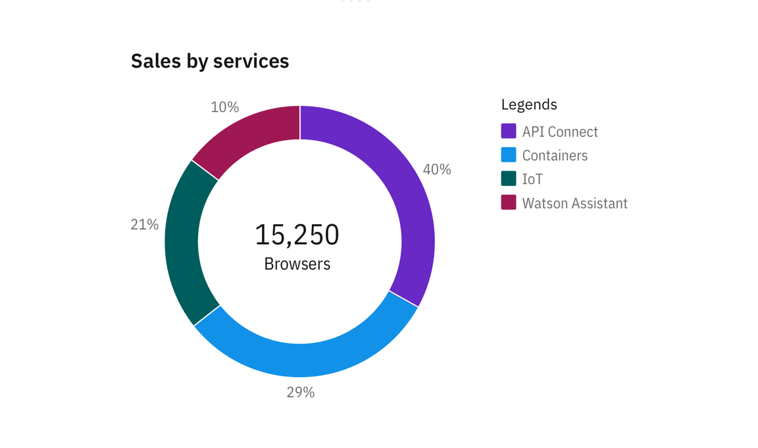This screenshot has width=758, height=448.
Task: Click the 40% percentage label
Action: [437, 169]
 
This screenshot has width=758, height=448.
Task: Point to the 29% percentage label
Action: [301, 393]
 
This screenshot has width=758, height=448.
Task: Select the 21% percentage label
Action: [145, 224]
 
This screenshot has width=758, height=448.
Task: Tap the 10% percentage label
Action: [225, 107]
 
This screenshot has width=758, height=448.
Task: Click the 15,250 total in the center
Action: [297, 235]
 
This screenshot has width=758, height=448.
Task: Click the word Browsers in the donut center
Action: [297, 264]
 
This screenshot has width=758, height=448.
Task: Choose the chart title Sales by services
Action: [210, 61]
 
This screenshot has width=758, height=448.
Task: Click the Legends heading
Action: [529, 104]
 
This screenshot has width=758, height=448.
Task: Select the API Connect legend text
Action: [560, 132]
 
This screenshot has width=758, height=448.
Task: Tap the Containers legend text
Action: [555, 155]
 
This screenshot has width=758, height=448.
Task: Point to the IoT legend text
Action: [532, 179]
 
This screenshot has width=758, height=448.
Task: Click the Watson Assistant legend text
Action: [574, 203]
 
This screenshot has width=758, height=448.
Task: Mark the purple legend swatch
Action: [509, 131]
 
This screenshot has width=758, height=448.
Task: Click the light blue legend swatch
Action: [509, 155]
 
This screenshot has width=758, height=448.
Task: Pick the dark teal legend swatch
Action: [509, 178]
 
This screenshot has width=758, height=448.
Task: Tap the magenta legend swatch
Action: [509, 203]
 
